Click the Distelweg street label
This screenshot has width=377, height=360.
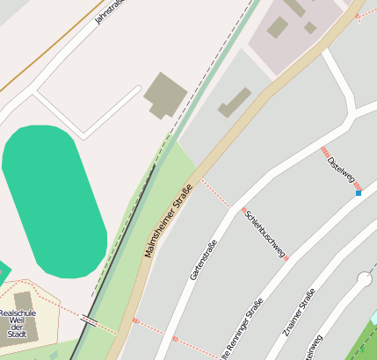point(341,170)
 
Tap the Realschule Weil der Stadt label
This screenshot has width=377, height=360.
point(17,322)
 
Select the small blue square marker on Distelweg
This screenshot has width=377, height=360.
point(359,192)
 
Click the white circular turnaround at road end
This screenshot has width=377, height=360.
point(365,280)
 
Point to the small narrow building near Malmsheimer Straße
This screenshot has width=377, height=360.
point(235,102)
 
